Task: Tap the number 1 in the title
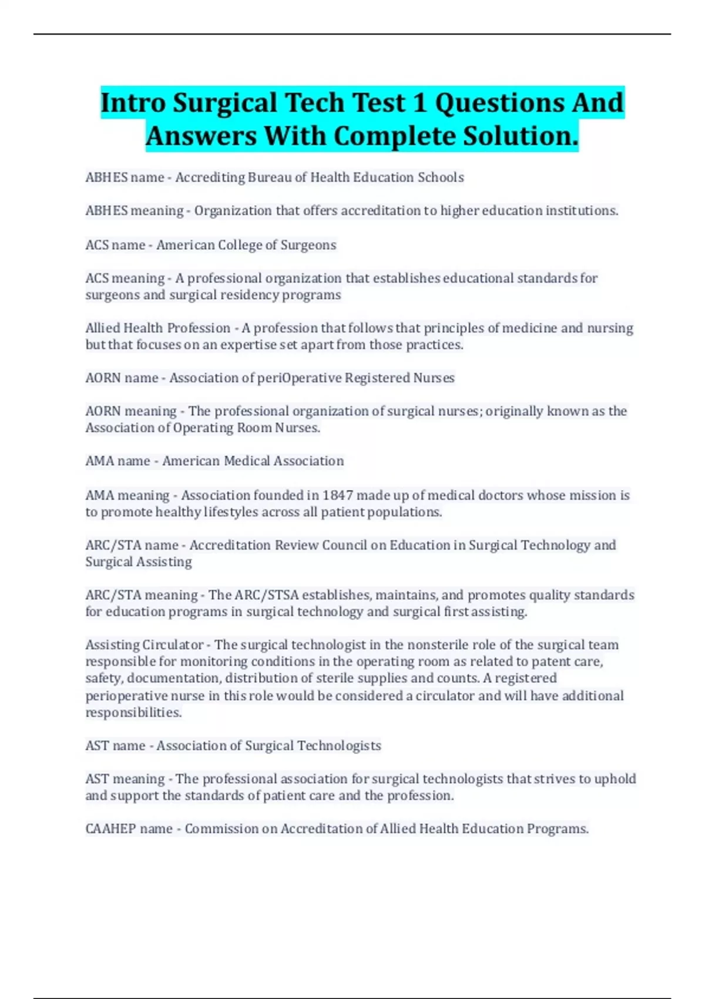click(419, 103)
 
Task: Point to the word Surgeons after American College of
click(308, 245)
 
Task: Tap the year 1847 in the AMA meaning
click(337, 495)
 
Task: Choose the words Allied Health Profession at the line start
click(157, 328)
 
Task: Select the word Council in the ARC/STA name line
click(347, 545)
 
